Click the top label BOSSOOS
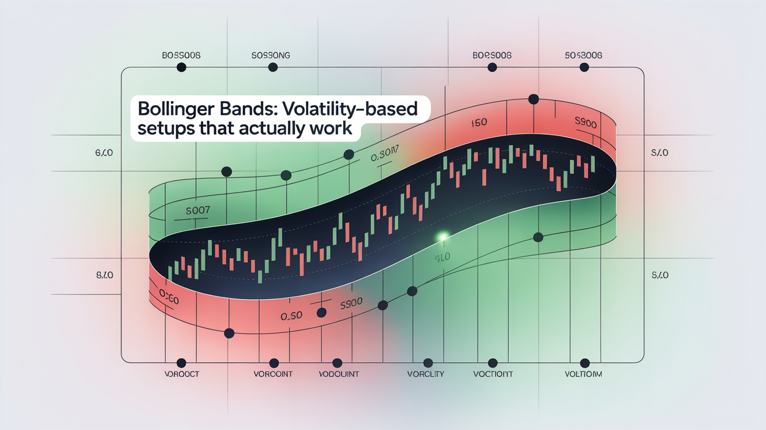181,56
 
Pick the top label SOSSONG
271,56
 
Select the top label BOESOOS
492,56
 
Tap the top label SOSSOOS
584,56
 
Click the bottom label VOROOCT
180,374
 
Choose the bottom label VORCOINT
272,374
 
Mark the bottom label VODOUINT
339,374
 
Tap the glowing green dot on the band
443,237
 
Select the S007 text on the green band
197,210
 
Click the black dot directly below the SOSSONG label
272,68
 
